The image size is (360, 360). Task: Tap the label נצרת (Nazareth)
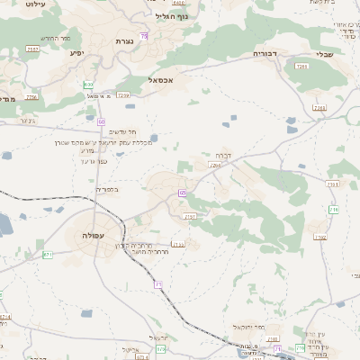124,41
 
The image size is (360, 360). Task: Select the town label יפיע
76,53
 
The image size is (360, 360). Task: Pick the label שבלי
323,54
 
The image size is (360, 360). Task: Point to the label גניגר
27,120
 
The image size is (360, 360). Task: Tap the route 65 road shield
182,192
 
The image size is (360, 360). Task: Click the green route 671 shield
48,255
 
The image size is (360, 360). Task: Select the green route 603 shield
88,85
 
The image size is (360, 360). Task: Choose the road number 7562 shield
320,238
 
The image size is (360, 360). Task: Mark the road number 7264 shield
216,166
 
